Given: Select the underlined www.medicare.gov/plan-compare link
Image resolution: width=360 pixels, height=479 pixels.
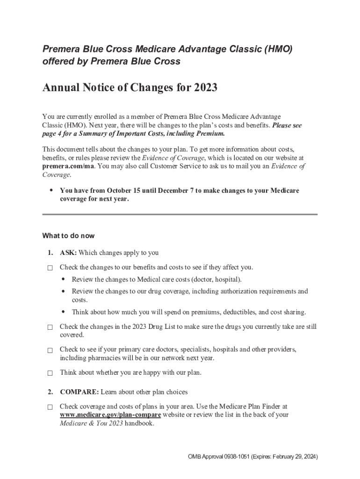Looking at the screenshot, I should [110, 415].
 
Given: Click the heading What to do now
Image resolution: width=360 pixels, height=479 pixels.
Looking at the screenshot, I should [68, 235].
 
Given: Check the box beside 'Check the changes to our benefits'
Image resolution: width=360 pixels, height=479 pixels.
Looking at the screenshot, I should [50, 268].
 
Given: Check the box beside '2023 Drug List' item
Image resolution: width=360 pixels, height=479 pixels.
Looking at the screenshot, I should [50, 327].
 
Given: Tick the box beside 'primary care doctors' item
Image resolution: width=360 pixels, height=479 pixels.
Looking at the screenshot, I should [50, 350].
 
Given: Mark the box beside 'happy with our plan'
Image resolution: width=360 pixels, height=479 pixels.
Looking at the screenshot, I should [50, 373].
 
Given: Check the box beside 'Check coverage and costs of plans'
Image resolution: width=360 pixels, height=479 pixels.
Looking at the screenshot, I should [50, 407].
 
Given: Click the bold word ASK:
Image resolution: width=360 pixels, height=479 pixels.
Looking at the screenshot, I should [68, 253].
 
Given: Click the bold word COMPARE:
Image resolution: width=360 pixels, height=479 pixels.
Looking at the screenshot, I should [79, 392].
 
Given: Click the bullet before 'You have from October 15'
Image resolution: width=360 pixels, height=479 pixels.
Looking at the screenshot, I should [51, 190].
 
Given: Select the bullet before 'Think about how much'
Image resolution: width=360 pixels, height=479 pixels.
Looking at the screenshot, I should [63, 312].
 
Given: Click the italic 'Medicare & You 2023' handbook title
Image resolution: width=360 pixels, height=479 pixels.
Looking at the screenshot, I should [91, 424].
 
